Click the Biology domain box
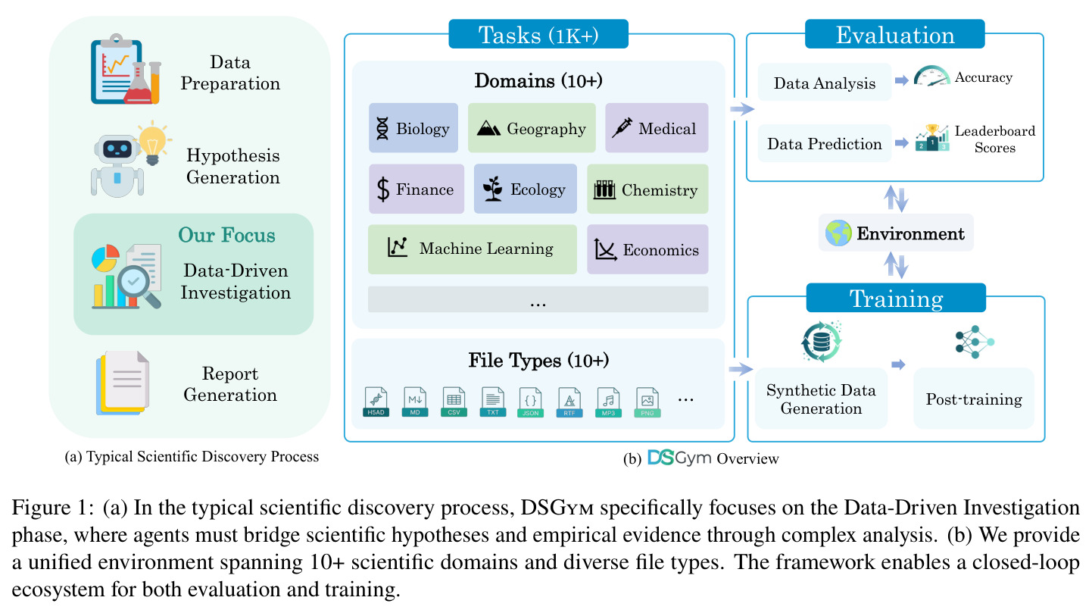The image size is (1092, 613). click(x=413, y=128)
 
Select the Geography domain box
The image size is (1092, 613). click(x=532, y=128)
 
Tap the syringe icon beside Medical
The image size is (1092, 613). click(x=622, y=128)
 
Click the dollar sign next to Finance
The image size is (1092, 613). click(x=383, y=189)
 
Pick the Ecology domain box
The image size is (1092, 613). click(x=525, y=189)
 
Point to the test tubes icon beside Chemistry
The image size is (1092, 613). click(x=604, y=189)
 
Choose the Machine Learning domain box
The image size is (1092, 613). click(x=472, y=249)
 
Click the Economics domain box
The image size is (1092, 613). click(x=647, y=249)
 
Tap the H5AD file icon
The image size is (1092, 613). click(x=376, y=402)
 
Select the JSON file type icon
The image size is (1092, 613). click(x=530, y=402)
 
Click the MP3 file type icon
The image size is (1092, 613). click(x=608, y=402)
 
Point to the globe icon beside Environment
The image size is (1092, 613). click(x=838, y=233)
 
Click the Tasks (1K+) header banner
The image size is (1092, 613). click(x=538, y=34)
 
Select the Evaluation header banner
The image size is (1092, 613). click(x=894, y=34)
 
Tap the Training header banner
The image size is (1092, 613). click(x=896, y=298)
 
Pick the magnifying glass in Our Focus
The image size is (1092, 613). click(x=139, y=286)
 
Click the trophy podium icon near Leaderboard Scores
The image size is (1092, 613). click(x=931, y=138)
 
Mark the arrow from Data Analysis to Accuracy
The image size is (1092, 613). click(x=902, y=80)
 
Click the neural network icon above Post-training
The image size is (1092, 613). click(x=975, y=342)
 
